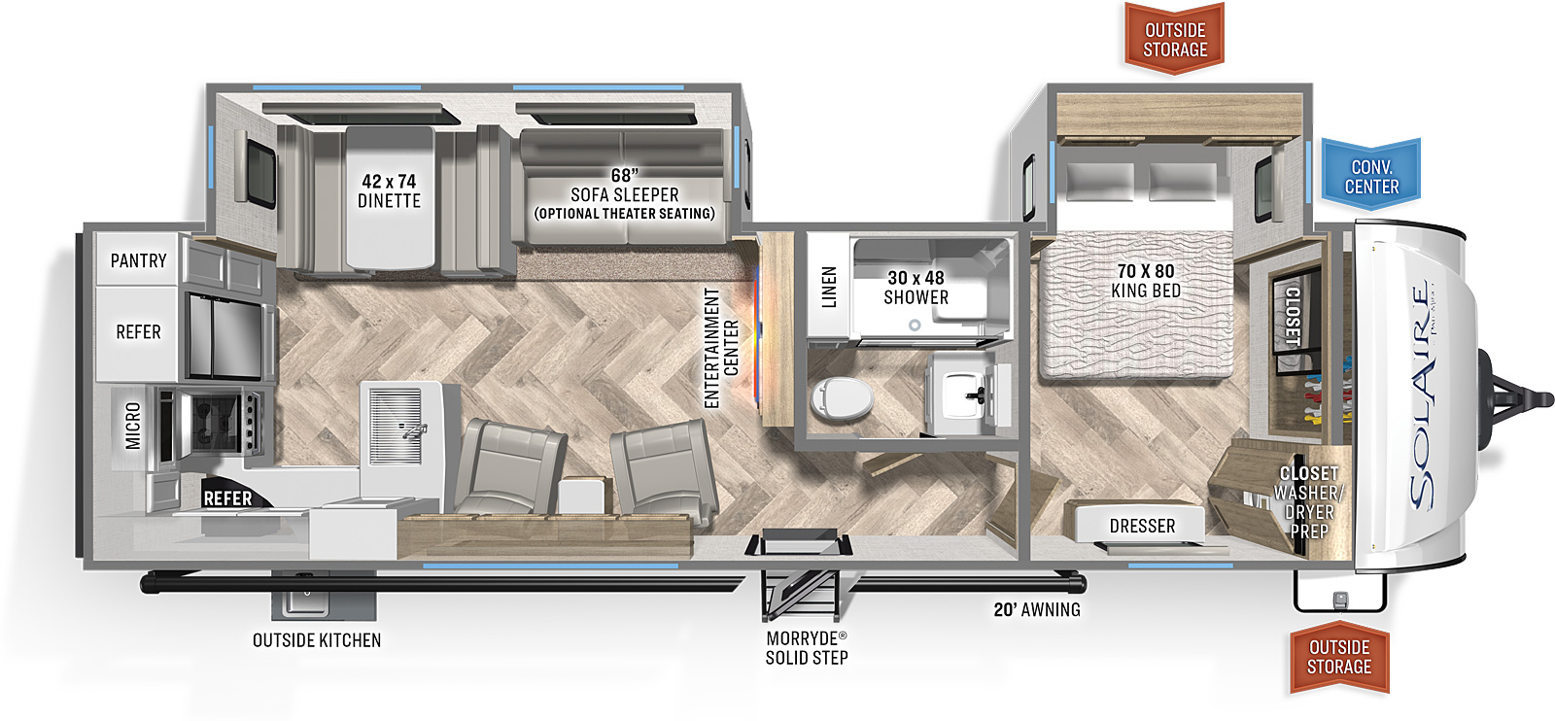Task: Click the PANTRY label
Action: tap(139, 261)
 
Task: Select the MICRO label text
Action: tap(132, 426)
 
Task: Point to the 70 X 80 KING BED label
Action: tap(1146, 281)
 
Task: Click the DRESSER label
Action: tap(1143, 526)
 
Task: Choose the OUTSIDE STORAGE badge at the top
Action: tap(1175, 38)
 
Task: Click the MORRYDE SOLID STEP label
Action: tap(807, 647)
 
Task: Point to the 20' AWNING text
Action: tap(1037, 609)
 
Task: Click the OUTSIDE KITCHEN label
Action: tap(317, 639)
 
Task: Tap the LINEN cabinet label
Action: tap(830, 287)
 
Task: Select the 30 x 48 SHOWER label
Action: tap(916, 288)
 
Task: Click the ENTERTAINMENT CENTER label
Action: tap(721, 349)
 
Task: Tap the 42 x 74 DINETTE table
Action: tap(390, 198)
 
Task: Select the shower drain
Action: tap(915, 325)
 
